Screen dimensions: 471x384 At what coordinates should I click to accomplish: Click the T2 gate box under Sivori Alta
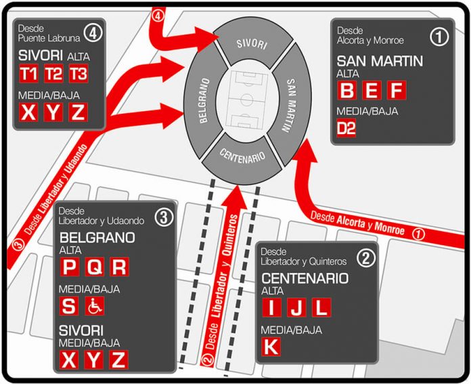pyautogui.click(x=53, y=73)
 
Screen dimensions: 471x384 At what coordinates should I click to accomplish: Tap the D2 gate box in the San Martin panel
pyautogui.click(x=346, y=128)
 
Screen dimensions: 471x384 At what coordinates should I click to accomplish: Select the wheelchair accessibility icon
pyautogui.click(x=95, y=306)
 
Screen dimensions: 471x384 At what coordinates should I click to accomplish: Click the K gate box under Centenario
pyautogui.click(x=271, y=346)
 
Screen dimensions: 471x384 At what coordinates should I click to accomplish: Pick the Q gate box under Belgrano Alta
pyautogui.click(x=95, y=266)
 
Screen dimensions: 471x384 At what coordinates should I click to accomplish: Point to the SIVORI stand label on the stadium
pyautogui.click(x=252, y=44)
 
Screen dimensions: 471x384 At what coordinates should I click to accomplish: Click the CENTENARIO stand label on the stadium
pyautogui.click(x=242, y=156)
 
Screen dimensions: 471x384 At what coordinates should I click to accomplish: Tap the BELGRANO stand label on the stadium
pyautogui.click(x=204, y=100)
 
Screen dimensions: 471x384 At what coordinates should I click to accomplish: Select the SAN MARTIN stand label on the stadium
pyautogui.click(x=290, y=105)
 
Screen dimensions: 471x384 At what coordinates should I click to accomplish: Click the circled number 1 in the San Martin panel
pyautogui.click(x=439, y=37)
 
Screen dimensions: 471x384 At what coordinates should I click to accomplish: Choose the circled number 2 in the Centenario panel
pyautogui.click(x=366, y=258)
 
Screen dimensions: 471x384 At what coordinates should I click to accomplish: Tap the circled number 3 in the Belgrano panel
pyautogui.click(x=164, y=217)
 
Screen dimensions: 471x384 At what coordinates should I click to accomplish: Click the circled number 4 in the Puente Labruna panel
pyautogui.click(x=93, y=33)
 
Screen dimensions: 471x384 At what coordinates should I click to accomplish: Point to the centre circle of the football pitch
pyautogui.click(x=246, y=100)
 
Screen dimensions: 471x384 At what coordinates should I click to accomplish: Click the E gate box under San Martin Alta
pyautogui.click(x=372, y=90)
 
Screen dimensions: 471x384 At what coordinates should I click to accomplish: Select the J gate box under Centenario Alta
pyautogui.click(x=296, y=307)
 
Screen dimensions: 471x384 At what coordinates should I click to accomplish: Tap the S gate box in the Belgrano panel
pyautogui.click(x=69, y=306)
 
